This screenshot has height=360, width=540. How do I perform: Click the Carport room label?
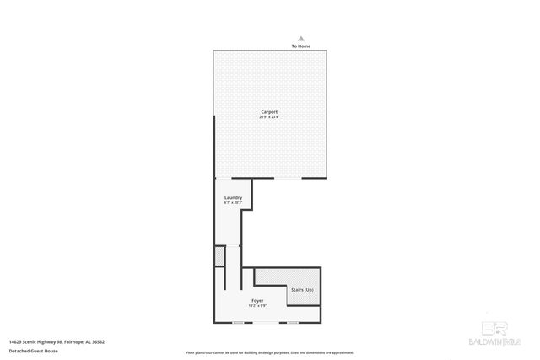pyautogui.click(x=269, y=111)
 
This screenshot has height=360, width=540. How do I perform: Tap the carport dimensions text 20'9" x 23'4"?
pyautogui.click(x=269, y=116)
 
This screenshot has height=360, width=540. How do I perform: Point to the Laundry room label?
pyautogui.click(x=233, y=197)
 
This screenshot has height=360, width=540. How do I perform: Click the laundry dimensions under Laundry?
pyautogui.click(x=233, y=202)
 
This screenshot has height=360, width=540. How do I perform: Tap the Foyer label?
pyautogui.click(x=257, y=300)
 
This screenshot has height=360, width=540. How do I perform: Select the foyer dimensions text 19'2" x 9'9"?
pyautogui.click(x=257, y=305)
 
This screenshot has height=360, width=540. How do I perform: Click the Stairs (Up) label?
pyautogui.click(x=301, y=289)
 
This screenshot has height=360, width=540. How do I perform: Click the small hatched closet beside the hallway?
pyautogui.click(x=219, y=256)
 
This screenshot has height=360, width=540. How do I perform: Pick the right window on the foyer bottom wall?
pyautogui.click(x=293, y=322)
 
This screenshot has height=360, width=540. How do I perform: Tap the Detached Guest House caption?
pyautogui.click(x=34, y=350)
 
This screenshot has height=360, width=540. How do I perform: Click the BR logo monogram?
pyautogui.click(x=498, y=330)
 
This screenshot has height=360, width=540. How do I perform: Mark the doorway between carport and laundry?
pyautogui.click(x=224, y=178)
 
